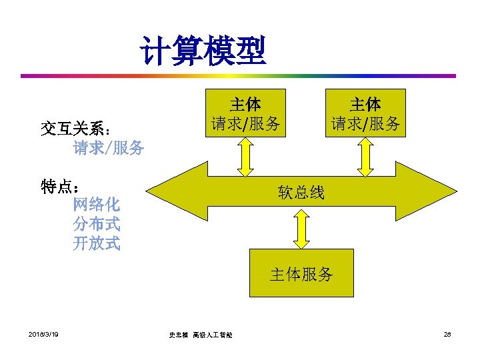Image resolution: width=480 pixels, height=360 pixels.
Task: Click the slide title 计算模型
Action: point(203,51)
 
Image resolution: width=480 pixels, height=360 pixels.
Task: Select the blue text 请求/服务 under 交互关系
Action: point(109,147)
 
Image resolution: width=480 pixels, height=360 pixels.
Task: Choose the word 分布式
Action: point(97,224)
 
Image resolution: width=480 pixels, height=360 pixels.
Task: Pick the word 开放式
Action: point(97,243)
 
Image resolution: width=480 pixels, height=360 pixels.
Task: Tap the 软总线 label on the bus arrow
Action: point(301,193)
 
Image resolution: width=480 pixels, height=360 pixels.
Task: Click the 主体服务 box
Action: point(301,274)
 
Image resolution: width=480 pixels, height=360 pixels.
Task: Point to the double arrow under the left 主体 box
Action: point(245,156)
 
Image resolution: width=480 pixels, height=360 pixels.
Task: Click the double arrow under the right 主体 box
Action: point(365,156)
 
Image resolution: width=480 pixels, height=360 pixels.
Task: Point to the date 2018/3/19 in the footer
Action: point(44,333)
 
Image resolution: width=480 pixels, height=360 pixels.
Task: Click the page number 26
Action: point(447,333)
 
